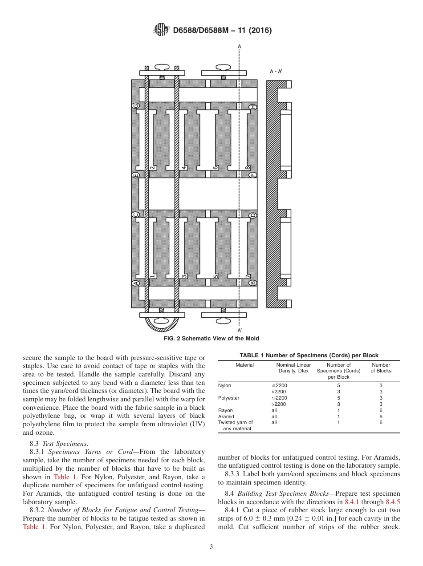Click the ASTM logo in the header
click(x=161, y=30)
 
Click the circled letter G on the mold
click(x=136, y=106)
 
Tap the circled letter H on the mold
click(x=252, y=107)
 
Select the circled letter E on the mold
click(x=136, y=175)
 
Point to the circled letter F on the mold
click(x=252, y=175)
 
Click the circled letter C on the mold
click(x=136, y=215)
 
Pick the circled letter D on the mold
click(x=252, y=215)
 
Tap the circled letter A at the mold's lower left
click(x=136, y=283)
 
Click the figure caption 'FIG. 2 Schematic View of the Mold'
click(x=211, y=339)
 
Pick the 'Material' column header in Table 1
click(x=244, y=365)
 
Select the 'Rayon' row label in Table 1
click(x=225, y=410)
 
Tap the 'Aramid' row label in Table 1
click(x=226, y=416)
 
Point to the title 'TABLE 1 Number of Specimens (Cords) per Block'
click(x=309, y=355)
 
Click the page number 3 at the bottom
click(x=211, y=547)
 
